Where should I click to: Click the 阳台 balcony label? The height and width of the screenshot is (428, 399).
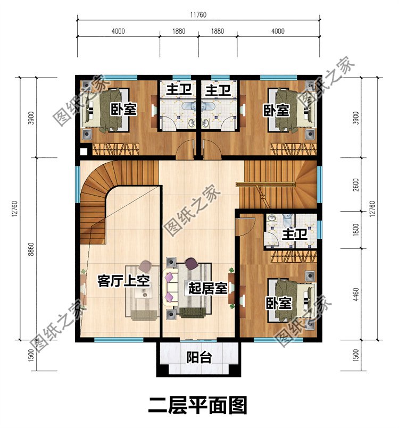[199, 357]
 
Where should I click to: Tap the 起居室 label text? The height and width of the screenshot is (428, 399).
[208, 288]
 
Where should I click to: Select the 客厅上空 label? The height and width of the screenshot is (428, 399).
[124, 281]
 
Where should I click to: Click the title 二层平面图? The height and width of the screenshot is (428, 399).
[198, 406]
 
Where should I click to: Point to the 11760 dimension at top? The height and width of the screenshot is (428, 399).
[198, 14]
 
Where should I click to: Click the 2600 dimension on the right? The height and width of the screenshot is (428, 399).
[356, 184]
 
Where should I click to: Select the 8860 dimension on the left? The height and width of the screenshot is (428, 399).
[31, 249]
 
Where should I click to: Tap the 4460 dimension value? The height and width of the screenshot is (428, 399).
[356, 294]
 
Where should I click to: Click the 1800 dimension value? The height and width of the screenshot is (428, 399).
[356, 230]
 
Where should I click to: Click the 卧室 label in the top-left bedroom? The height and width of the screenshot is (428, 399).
[123, 110]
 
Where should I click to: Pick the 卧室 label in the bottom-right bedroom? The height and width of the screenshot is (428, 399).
[279, 303]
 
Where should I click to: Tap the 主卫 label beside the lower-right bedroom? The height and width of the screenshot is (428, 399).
[295, 235]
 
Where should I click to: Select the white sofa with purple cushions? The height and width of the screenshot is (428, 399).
[171, 287]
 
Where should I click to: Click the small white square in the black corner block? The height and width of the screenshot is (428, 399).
[84, 152]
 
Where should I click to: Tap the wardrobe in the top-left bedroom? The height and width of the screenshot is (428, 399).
[115, 149]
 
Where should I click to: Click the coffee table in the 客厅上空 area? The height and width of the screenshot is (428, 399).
[142, 291]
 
